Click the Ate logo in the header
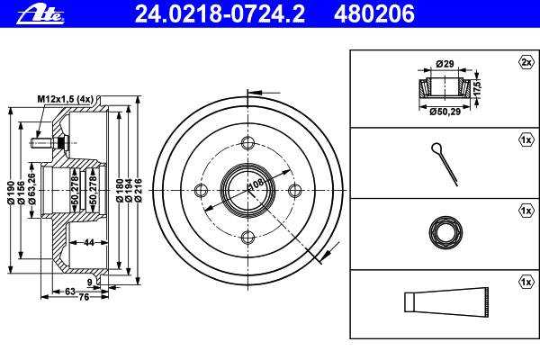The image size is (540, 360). [x=40, y=15]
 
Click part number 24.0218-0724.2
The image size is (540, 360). [x=220, y=13]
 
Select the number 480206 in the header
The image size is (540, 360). [x=374, y=13]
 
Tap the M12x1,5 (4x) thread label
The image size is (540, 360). [x=66, y=99]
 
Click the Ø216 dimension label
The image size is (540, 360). [x=138, y=191]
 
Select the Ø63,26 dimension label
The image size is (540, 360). [x=32, y=189]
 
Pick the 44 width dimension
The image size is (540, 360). [x=89, y=242]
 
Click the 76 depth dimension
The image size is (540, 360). [x=84, y=297]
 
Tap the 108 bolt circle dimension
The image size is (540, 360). [x=256, y=184]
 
